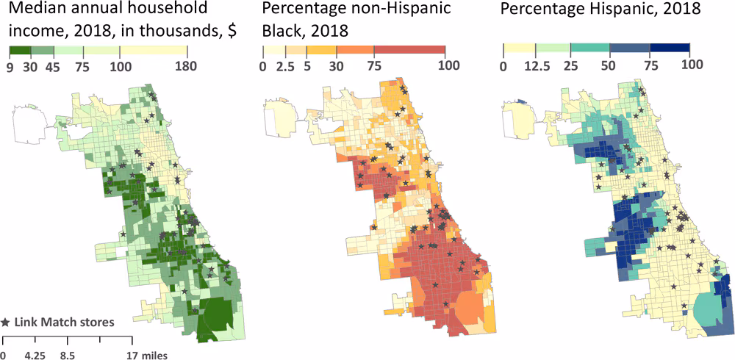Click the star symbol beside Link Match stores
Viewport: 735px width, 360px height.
7,322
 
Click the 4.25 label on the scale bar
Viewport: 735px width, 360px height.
35,356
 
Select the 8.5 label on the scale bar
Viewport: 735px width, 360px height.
67,356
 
